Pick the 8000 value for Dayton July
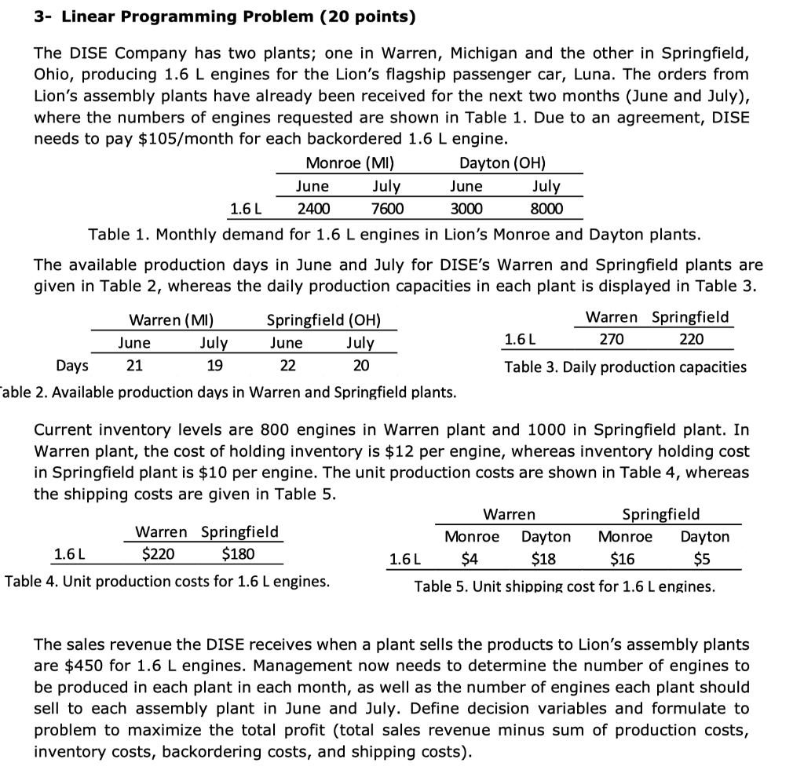click(x=546, y=209)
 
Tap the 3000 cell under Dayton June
click(x=466, y=209)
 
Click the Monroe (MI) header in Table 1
click(x=349, y=163)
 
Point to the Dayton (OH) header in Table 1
click(x=502, y=163)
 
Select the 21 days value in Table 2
click(x=134, y=366)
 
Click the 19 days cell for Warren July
click(x=214, y=366)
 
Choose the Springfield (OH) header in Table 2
click(x=323, y=320)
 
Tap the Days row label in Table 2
click(x=72, y=366)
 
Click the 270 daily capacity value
click(x=612, y=339)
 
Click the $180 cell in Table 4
click(x=238, y=554)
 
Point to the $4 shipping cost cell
click(x=469, y=559)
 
